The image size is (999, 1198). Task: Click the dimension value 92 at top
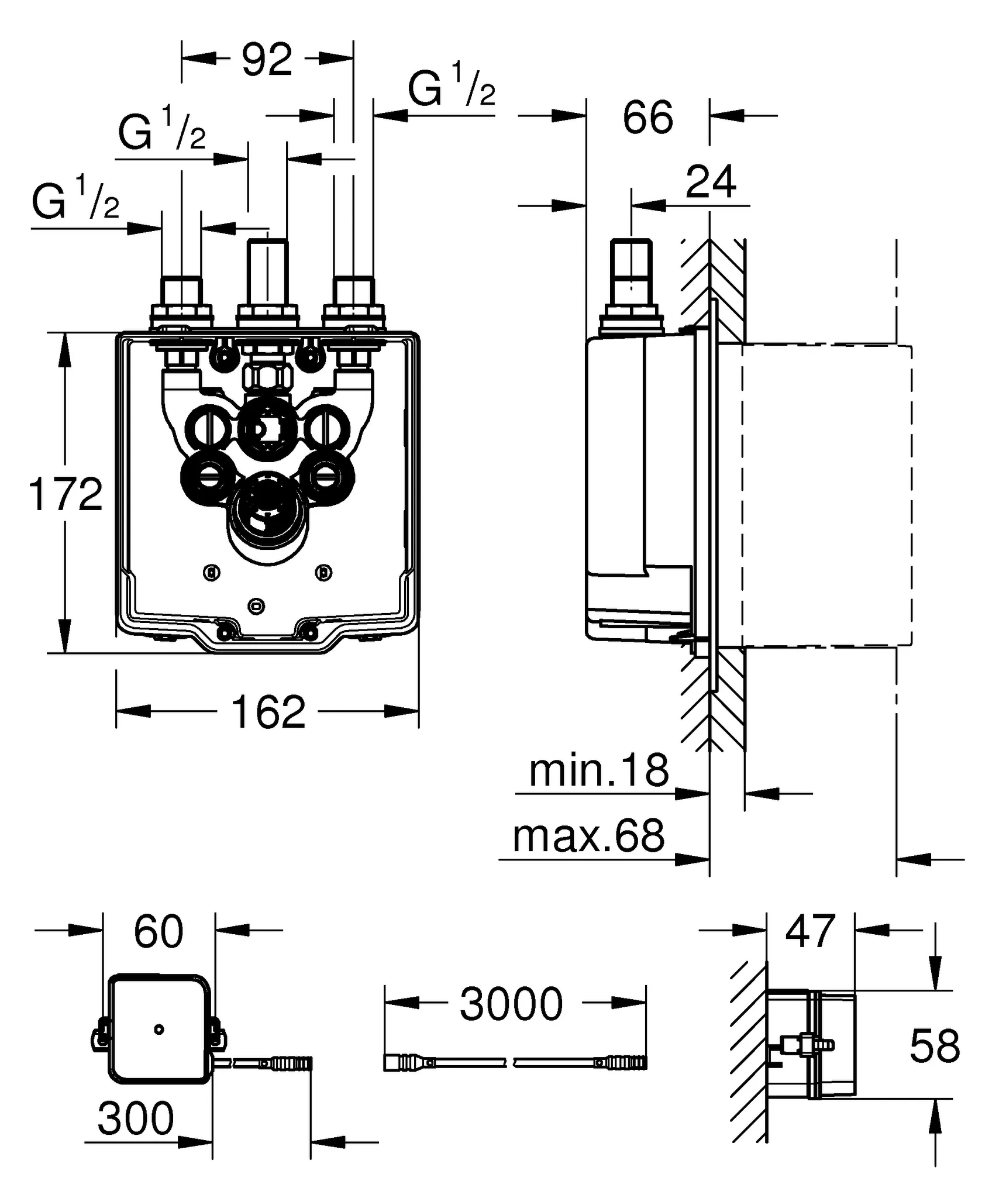267,59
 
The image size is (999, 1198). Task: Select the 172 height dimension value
66,494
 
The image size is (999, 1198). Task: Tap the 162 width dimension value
268,712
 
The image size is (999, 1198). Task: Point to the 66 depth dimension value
647,118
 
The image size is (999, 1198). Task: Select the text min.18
598,771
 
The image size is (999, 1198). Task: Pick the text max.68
588,836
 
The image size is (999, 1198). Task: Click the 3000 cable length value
511,1004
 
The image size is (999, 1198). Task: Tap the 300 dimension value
136,1118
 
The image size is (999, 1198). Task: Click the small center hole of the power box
159,1029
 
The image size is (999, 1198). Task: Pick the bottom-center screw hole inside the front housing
256,606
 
